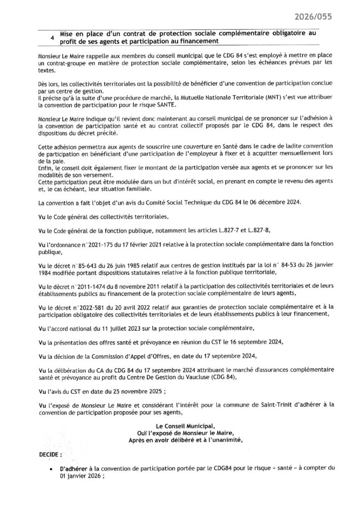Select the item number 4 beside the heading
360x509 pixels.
point(52,38)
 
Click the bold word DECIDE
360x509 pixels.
point(50,455)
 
